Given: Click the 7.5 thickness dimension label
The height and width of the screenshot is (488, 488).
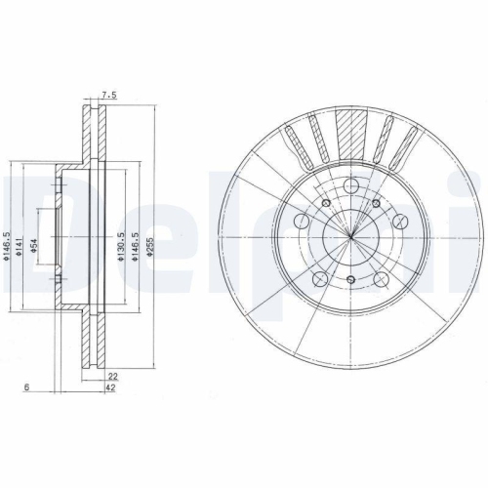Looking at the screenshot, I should point(108,97).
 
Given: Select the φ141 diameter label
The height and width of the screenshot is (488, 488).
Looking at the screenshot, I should point(20,257).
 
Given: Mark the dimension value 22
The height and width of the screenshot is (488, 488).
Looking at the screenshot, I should point(112,376).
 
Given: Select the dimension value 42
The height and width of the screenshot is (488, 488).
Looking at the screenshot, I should point(112,388).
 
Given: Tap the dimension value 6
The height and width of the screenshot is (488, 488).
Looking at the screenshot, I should point(26,388).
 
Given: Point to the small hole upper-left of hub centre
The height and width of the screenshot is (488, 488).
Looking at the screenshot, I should point(325,202).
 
